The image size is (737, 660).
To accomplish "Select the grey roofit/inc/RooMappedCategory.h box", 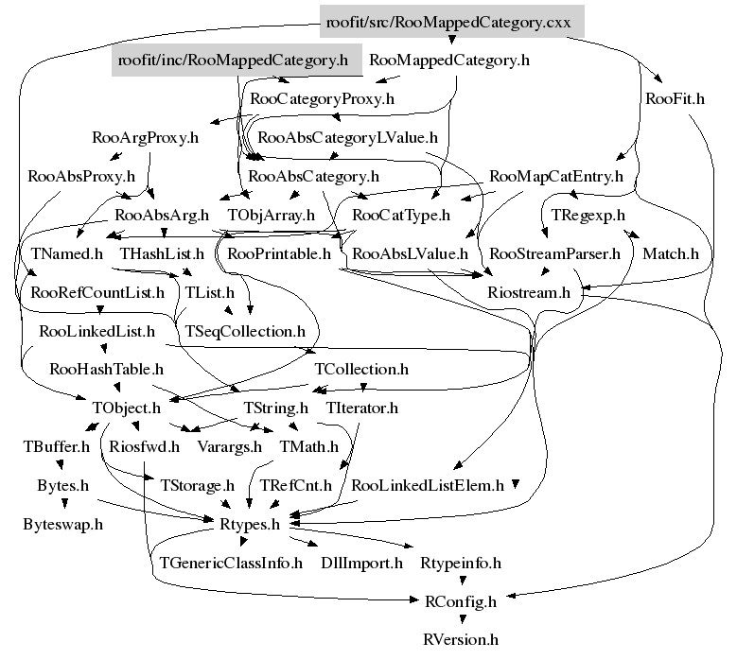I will tap(233, 61).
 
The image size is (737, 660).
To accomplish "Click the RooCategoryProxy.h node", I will tap(322, 97).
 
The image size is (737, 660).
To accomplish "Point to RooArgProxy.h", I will tap(146, 138).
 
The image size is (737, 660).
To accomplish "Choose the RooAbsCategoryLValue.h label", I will tap(347, 138).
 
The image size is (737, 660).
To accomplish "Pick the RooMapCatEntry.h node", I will tap(556, 176).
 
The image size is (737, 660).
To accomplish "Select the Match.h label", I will tap(670, 253).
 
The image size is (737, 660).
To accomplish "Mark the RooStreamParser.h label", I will tap(554, 253).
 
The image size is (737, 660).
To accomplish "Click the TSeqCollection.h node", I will tap(245, 331).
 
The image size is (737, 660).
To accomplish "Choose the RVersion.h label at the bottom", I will tap(461, 639).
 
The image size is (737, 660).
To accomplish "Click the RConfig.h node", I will tap(461, 600).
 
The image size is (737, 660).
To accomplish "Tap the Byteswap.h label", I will tap(63, 523).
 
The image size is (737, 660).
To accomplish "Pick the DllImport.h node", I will tap(361, 563).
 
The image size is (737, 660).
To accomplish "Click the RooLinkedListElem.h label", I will tap(427, 486).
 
